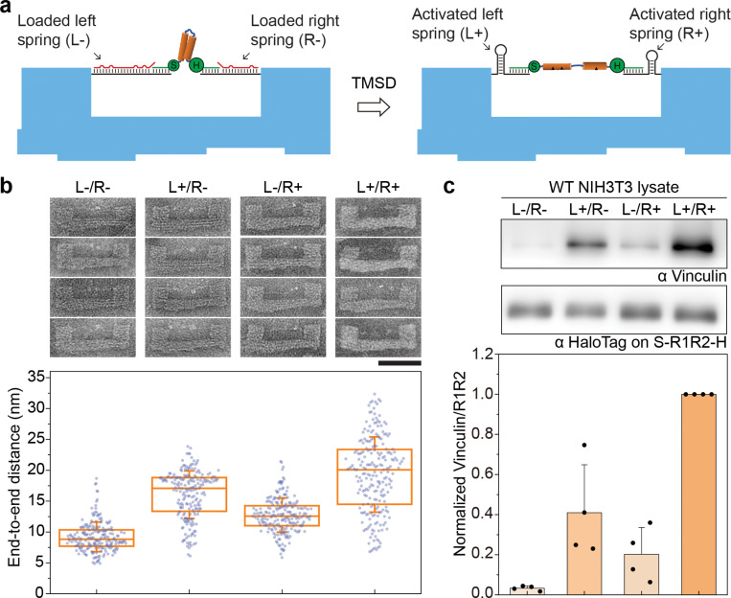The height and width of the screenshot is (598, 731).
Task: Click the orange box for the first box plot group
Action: tap(82, 538)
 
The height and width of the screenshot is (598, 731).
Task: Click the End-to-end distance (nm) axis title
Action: tap(12, 470)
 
